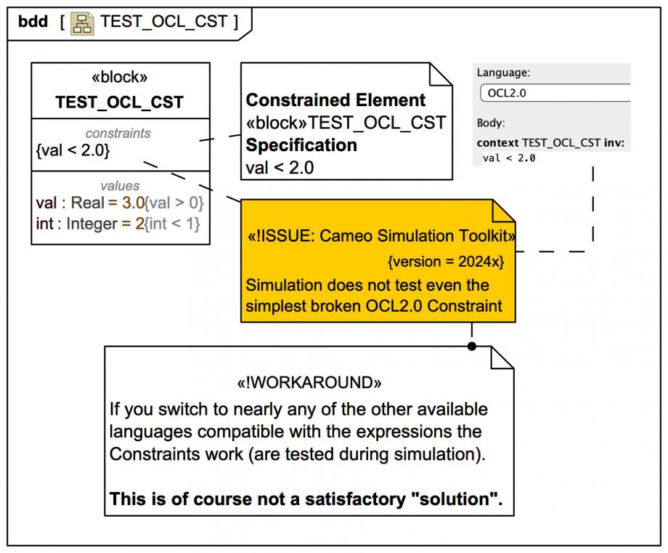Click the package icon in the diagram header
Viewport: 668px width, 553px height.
tap(82, 21)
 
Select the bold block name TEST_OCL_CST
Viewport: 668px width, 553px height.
tap(120, 102)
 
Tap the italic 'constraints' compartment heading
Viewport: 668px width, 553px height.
tap(118, 133)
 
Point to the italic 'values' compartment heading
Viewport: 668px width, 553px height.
tap(120, 186)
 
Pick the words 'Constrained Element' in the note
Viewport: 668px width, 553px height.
tap(335, 100)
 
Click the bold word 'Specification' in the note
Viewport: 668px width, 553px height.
tap(301, 145)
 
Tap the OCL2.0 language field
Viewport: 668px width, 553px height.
tap(555, 94)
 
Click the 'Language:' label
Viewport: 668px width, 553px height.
tap(503, 73)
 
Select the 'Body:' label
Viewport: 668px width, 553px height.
tap(491, 124)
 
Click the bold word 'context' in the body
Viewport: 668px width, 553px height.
tap(497, 143)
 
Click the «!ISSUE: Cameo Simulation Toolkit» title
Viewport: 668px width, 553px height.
tap(382, 236)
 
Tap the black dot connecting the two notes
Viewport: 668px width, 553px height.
tap(471, 346)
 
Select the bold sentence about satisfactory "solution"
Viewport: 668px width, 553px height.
tap(305, 500)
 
